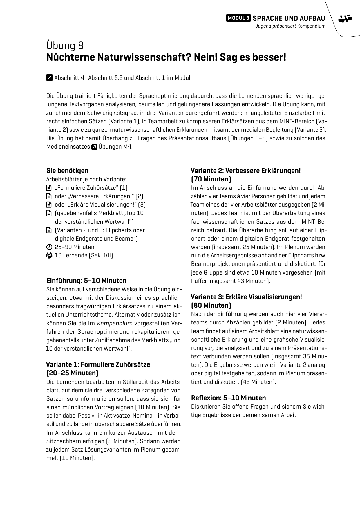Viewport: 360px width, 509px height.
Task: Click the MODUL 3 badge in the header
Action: tap(238, 18)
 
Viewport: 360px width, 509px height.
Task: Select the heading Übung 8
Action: tap(65, 46)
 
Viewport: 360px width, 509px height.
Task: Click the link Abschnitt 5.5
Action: tap(106, 78)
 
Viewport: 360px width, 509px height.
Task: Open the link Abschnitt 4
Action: tap(69, 78)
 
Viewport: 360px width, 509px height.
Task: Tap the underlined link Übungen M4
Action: tap(115, 147)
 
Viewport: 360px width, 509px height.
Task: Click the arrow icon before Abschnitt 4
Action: tap(49, 77)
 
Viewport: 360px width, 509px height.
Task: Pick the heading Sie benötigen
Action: tap(67, 171)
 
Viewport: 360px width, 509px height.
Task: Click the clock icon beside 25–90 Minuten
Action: tap(49, 247)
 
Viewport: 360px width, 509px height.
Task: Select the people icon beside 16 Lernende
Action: tap(49, 256)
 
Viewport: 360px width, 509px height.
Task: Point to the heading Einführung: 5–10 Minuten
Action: tap(86, 281)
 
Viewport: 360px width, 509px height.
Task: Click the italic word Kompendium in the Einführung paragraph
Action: tap(115, 323)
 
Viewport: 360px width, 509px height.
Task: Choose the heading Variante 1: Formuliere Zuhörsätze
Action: tap(98, 364)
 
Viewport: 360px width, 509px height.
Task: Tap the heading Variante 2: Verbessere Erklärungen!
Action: tap(245, 171)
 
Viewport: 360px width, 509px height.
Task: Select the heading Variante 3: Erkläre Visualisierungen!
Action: tap(246, 297)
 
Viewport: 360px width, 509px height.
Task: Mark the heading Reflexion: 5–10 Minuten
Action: tap(228, 398)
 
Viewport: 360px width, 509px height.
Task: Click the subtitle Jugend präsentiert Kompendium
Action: tap(290, 26)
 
